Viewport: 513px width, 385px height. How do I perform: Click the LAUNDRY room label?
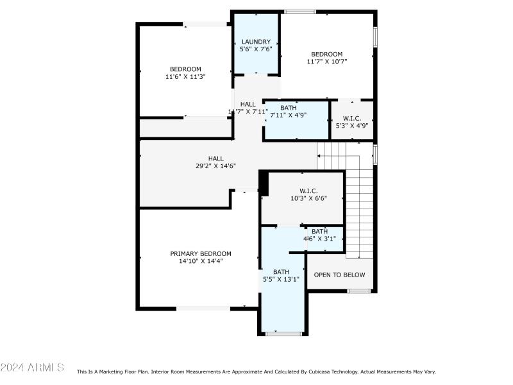tap(256, 42)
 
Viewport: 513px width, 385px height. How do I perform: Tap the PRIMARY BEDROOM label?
tap(201, 253)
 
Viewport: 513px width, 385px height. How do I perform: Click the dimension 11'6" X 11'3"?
tap(185, 77)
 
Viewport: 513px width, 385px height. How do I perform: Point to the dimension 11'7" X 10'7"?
tap(326, 62)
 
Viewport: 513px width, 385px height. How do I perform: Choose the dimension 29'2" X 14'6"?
tap(215, 166)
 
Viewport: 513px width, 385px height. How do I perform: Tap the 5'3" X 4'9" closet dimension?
tap(352, 126)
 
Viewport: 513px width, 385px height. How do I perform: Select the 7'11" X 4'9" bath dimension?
tap(288, 116)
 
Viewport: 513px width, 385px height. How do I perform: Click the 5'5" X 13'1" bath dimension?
tap(282, 279)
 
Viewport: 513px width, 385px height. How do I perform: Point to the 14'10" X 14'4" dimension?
tap(201, 261)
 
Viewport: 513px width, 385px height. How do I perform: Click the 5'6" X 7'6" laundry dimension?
tap(256, 49)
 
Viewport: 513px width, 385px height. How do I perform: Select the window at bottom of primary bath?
tap(283, 334)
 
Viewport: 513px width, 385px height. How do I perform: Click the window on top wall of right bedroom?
tap(299, 12)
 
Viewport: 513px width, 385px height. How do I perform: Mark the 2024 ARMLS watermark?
tap(32, 368)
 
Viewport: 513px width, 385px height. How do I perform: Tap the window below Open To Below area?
tap(359, 291)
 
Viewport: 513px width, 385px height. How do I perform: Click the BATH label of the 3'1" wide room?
tap(319, 231)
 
